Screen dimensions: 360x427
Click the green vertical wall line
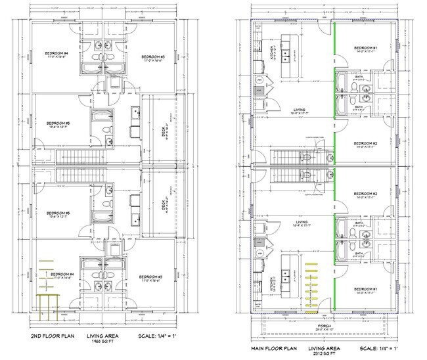[x=333, y=164]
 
